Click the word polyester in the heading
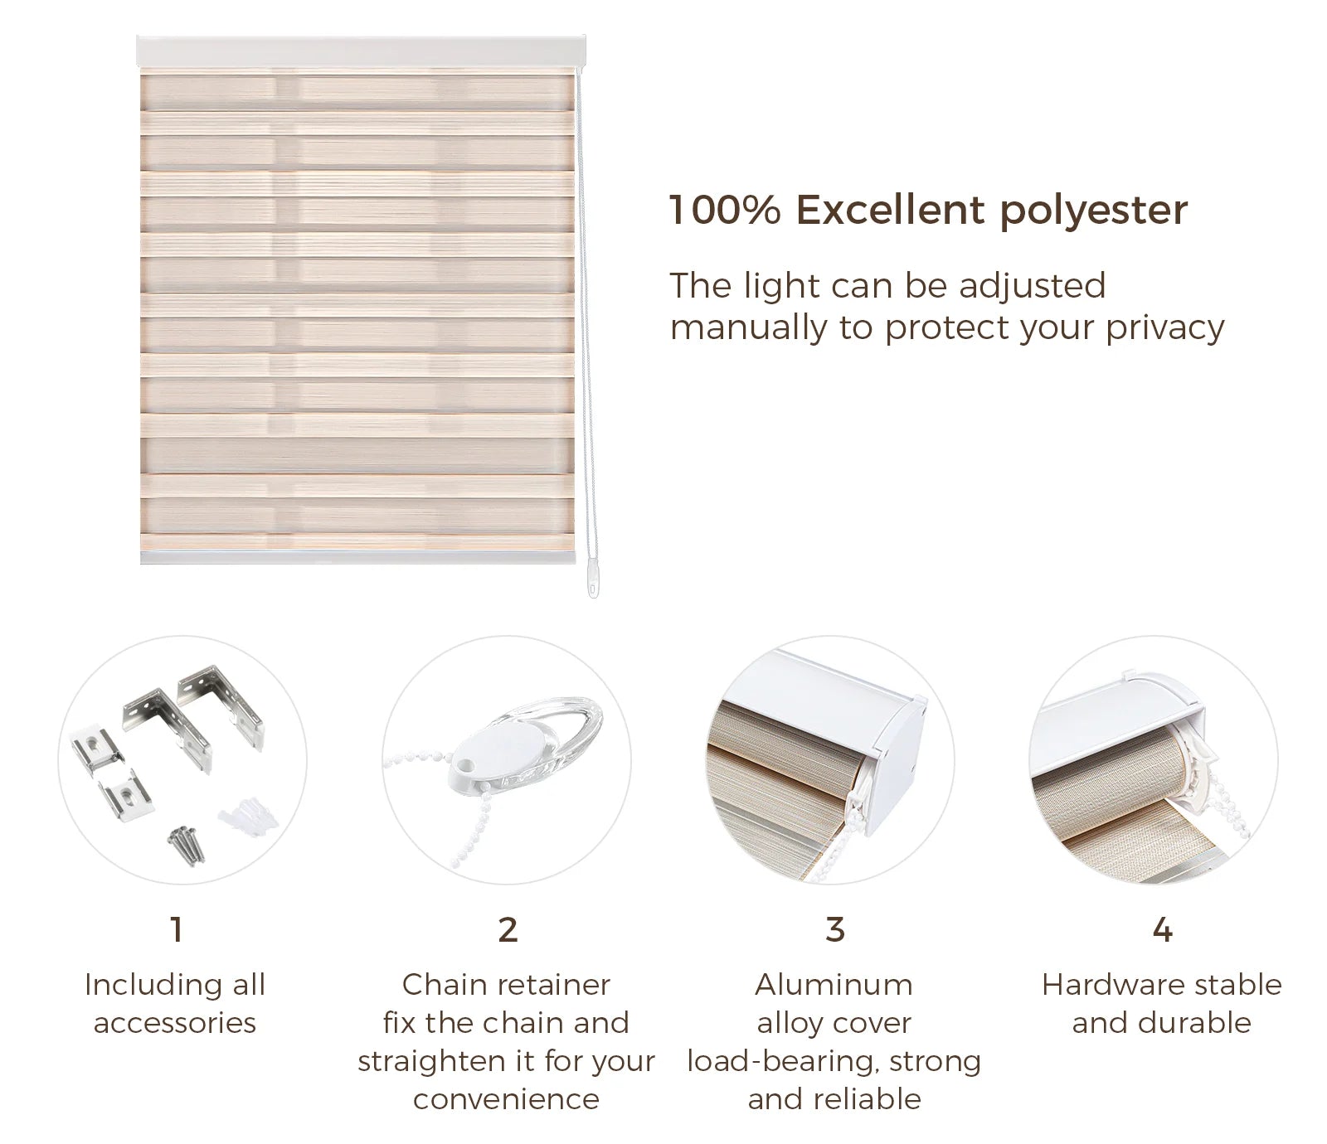(x=1093, y=211)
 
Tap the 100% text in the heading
(x=725, y=210)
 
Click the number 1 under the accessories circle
(x=176, y=930)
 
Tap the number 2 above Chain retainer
(x=508, y=930)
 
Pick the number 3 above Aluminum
(x=835, y=930)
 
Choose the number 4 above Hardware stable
(x=1163, y=930)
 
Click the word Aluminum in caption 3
(x=834, y=985)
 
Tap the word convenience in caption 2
(x=506, y=1099)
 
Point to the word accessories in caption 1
(x=175, y=1023)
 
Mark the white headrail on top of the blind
(x=361, y=52)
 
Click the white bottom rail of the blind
(x=357, y=557)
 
